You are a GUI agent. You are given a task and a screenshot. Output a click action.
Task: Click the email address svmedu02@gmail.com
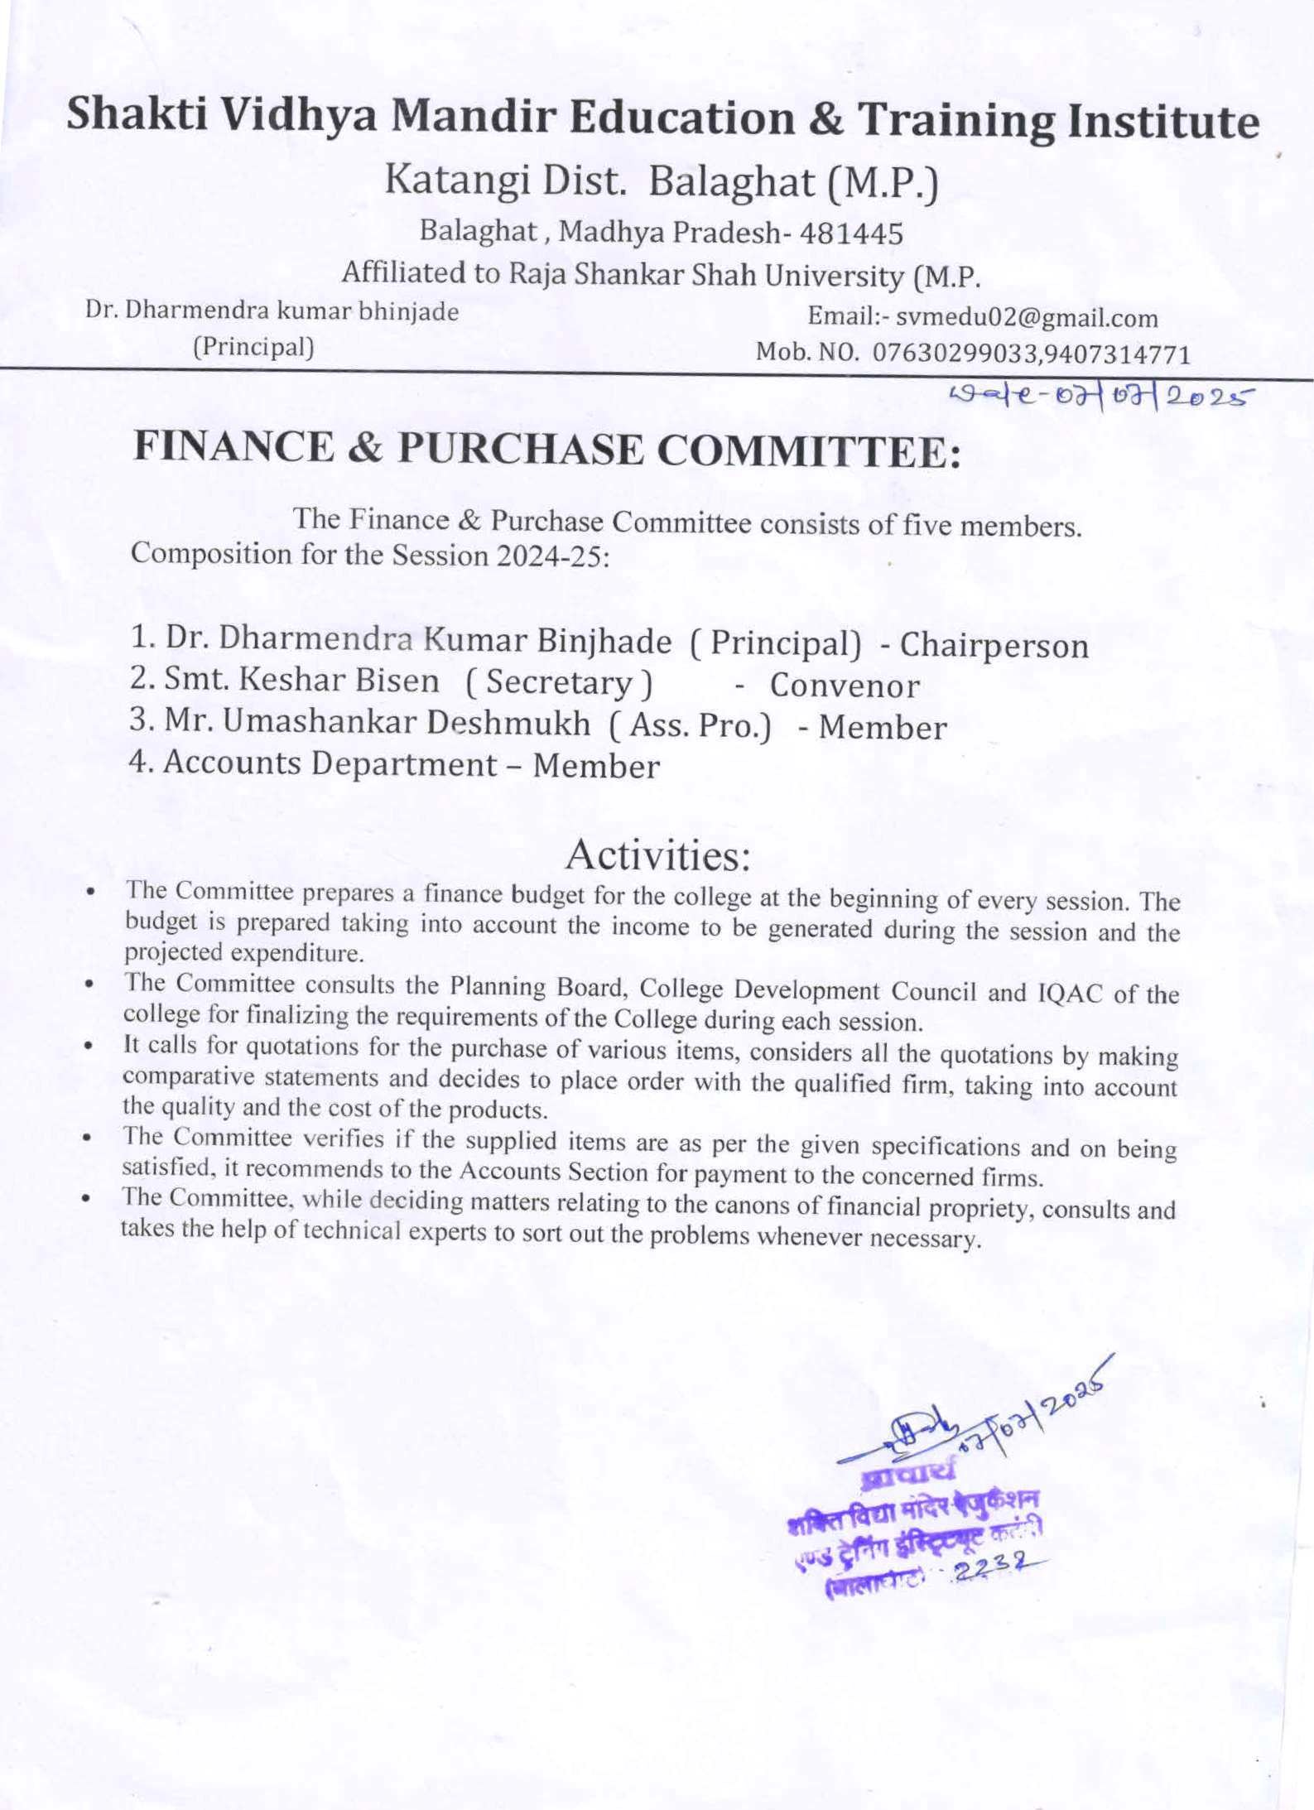pos(1027,318)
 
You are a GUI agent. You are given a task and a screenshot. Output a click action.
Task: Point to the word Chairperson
pos(994,646)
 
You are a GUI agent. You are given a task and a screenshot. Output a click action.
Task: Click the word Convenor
pos(845,686)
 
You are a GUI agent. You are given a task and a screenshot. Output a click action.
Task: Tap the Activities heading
pos(657,855)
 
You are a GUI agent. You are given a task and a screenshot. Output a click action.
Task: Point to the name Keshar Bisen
pos(338,681)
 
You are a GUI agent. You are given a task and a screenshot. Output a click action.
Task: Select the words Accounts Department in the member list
pos(330,763)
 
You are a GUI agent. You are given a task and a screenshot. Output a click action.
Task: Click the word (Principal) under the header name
pos(253,347)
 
